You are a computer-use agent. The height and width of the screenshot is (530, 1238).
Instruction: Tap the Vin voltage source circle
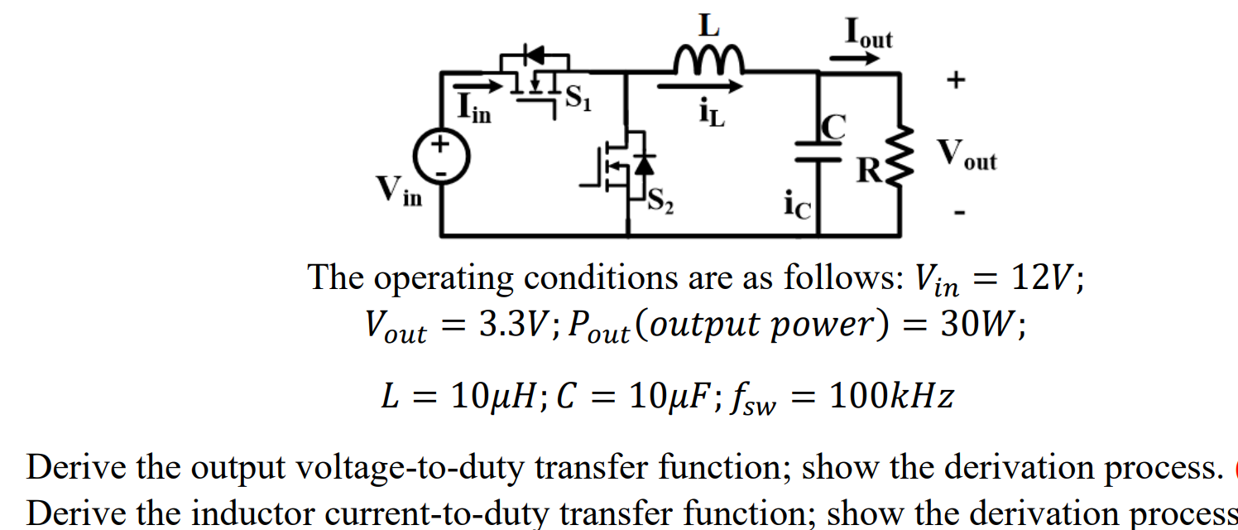click(442, 157)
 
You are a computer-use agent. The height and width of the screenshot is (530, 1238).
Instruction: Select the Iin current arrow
click(477, 85)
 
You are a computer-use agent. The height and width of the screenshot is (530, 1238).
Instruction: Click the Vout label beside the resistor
click(966, 156)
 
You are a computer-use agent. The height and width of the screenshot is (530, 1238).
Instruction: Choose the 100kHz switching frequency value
click(890, 397)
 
